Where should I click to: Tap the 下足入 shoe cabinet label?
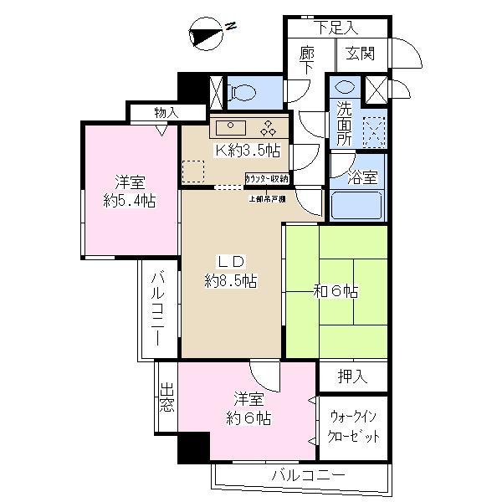338,26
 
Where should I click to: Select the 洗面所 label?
345,122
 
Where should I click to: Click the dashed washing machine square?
374,132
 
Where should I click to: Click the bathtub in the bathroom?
356,203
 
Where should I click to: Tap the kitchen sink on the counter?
229,128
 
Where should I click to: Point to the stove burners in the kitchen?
269,128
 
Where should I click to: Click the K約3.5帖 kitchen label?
248,151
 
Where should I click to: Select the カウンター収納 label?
268,178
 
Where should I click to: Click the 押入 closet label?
352,377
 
